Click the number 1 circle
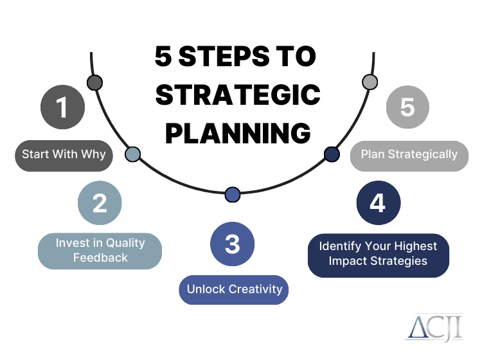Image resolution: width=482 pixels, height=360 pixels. click(x=62, y=106)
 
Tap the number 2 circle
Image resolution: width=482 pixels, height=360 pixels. click(x=100, y=203)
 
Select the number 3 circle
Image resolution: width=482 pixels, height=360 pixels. click(x=233, y=244)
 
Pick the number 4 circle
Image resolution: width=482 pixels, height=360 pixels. click(x=378, y=203)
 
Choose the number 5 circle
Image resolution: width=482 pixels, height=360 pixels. click(x=407, y=106)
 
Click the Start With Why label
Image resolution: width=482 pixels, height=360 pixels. click(x=64, y=154)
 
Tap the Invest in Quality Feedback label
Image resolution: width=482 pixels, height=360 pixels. click(x=100, y=251)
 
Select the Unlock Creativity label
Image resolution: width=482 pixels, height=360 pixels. click(x=234, y=289)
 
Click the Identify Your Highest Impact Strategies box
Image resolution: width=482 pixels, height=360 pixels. click(x=378, y=254)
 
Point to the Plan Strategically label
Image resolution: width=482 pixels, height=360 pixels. click(x=409, y=154)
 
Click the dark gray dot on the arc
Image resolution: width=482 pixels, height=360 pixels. click(x=94, y=82)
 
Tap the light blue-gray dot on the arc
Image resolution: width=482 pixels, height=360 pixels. click(x=132, y=154)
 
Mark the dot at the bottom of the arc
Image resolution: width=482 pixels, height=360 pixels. click(x=233, y=194)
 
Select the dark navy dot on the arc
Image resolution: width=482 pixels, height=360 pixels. click(x=332, y=154)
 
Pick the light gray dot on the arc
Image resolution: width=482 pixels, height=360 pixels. click(x=370, y=82)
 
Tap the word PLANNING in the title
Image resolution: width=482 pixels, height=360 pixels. click(x=238, y=134)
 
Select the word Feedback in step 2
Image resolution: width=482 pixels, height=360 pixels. click(x=100, y=258)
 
